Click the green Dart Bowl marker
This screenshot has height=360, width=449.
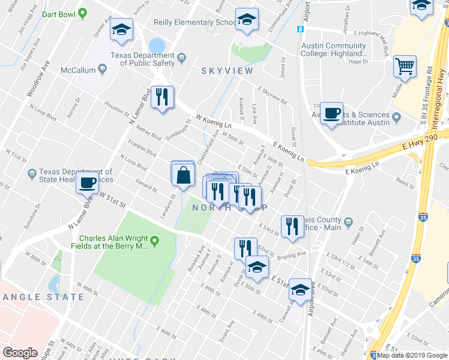click(x=83, y=12)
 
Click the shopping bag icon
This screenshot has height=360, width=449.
click(x=184, y=175)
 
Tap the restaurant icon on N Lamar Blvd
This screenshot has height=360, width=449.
click(x=161, y=97)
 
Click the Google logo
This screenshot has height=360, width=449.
click(x=20, y=352)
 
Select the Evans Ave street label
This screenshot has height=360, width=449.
click(x=227, y=331)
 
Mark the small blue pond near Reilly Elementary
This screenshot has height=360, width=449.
click(x=157, y=45)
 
